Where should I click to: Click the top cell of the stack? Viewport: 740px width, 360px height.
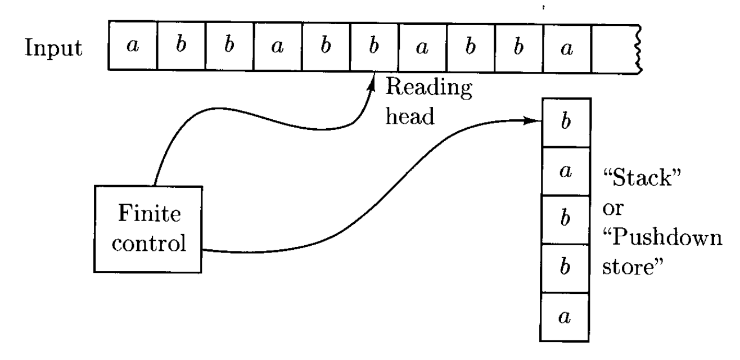(565, 123)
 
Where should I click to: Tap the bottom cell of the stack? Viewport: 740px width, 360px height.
(565, 317)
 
